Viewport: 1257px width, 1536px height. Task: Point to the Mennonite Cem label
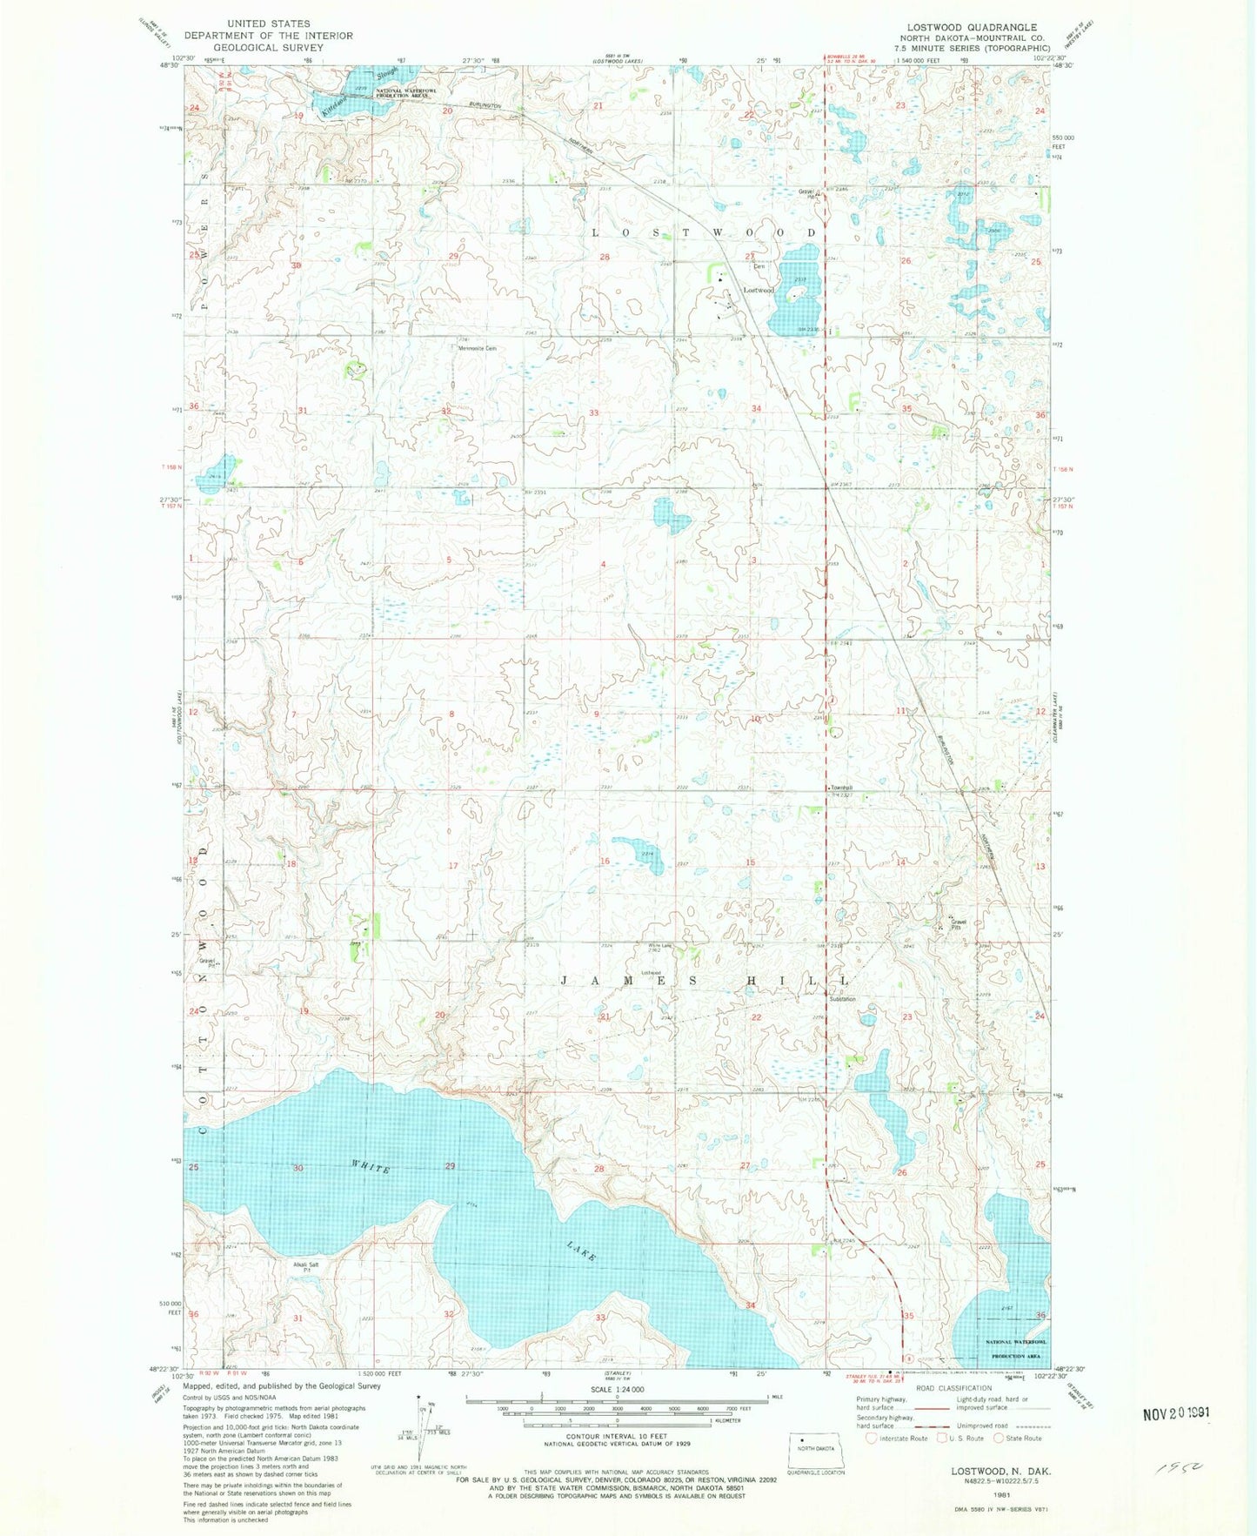[x=478, y=349]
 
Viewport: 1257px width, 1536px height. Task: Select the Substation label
[x=842, y=999]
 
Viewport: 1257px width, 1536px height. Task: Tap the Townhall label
[x=840, y=788]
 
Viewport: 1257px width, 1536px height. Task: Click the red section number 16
[x=605, y=862]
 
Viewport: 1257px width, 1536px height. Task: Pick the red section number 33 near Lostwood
[x=594, y=413]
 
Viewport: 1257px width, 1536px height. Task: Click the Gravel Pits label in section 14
[x=958, y=924]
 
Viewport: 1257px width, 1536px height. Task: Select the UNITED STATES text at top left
[x=268, y=23]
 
